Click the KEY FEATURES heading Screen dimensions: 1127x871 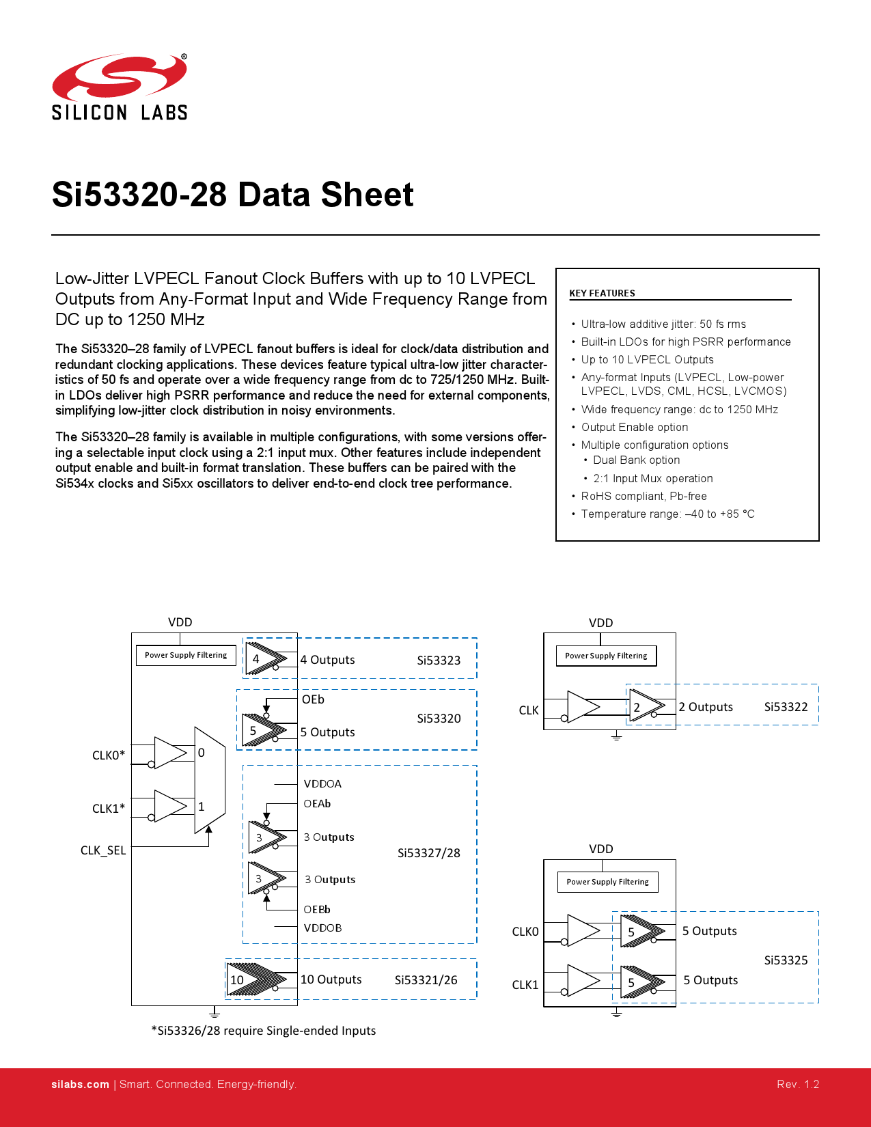click(602, 293)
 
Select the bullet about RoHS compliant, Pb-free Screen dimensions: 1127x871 click(644, 496)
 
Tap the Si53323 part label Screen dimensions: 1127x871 click(439, 660)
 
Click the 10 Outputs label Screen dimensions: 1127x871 click(331, 979)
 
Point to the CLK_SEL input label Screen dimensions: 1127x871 click(103, 850)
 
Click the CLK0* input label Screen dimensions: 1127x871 click(109, 755)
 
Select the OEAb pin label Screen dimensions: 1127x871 click(317, 804)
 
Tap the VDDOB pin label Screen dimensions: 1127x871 click(322, 928)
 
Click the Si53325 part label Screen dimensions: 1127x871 click(786, 960)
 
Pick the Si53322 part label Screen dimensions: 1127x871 click(786, 707)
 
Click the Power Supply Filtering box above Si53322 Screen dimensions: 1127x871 click(606, 656)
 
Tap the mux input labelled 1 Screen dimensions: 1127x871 click(202, 807)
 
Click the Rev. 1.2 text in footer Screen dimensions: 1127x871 click(798, 1084)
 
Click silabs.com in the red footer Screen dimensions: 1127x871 click(80, 1084)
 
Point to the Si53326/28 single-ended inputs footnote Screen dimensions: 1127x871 click(264, 1031)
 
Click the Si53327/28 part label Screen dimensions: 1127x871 click(428, 853)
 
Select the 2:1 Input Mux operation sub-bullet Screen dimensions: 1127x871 click(652, 478)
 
